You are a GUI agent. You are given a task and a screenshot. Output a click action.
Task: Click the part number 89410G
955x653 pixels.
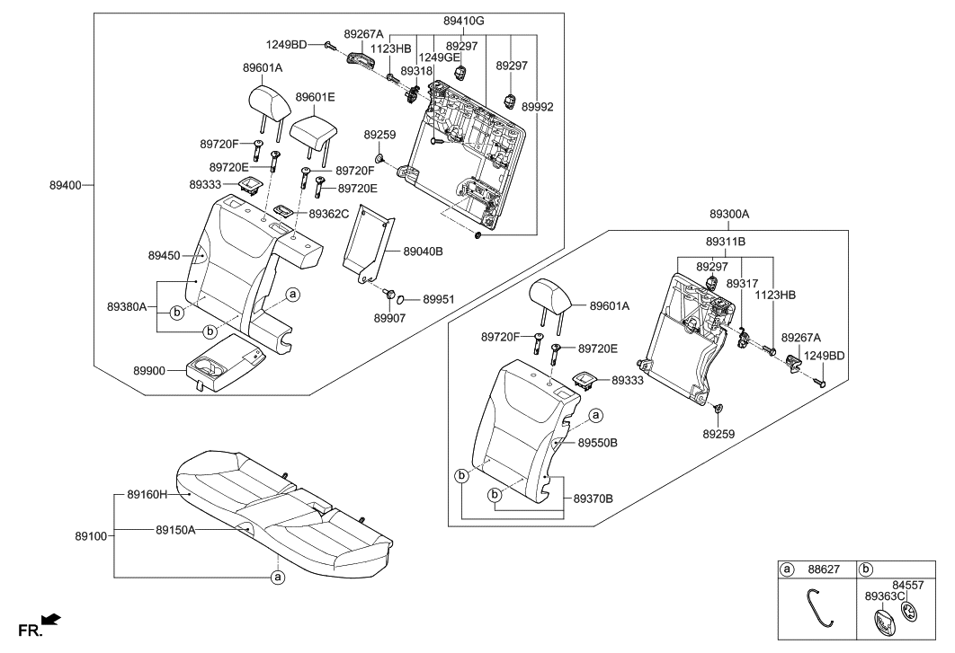point(463,20)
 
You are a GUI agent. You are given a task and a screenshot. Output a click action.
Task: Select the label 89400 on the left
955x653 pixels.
point(65,185)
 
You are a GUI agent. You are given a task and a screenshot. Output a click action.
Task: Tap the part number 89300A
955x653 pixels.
point(728,216)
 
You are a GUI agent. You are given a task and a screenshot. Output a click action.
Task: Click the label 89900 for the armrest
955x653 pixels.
point(153,369)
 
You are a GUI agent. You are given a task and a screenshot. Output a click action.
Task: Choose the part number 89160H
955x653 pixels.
point(147,494)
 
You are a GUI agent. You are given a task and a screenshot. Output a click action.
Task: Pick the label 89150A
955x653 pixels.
point(175,530)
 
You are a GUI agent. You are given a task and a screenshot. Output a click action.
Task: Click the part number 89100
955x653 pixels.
point(92,536)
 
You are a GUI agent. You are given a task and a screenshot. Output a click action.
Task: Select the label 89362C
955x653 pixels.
point(329,215)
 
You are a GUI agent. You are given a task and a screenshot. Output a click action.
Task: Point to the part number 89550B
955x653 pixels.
point(598,443)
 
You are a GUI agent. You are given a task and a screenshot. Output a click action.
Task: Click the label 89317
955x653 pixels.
point(742,284)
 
